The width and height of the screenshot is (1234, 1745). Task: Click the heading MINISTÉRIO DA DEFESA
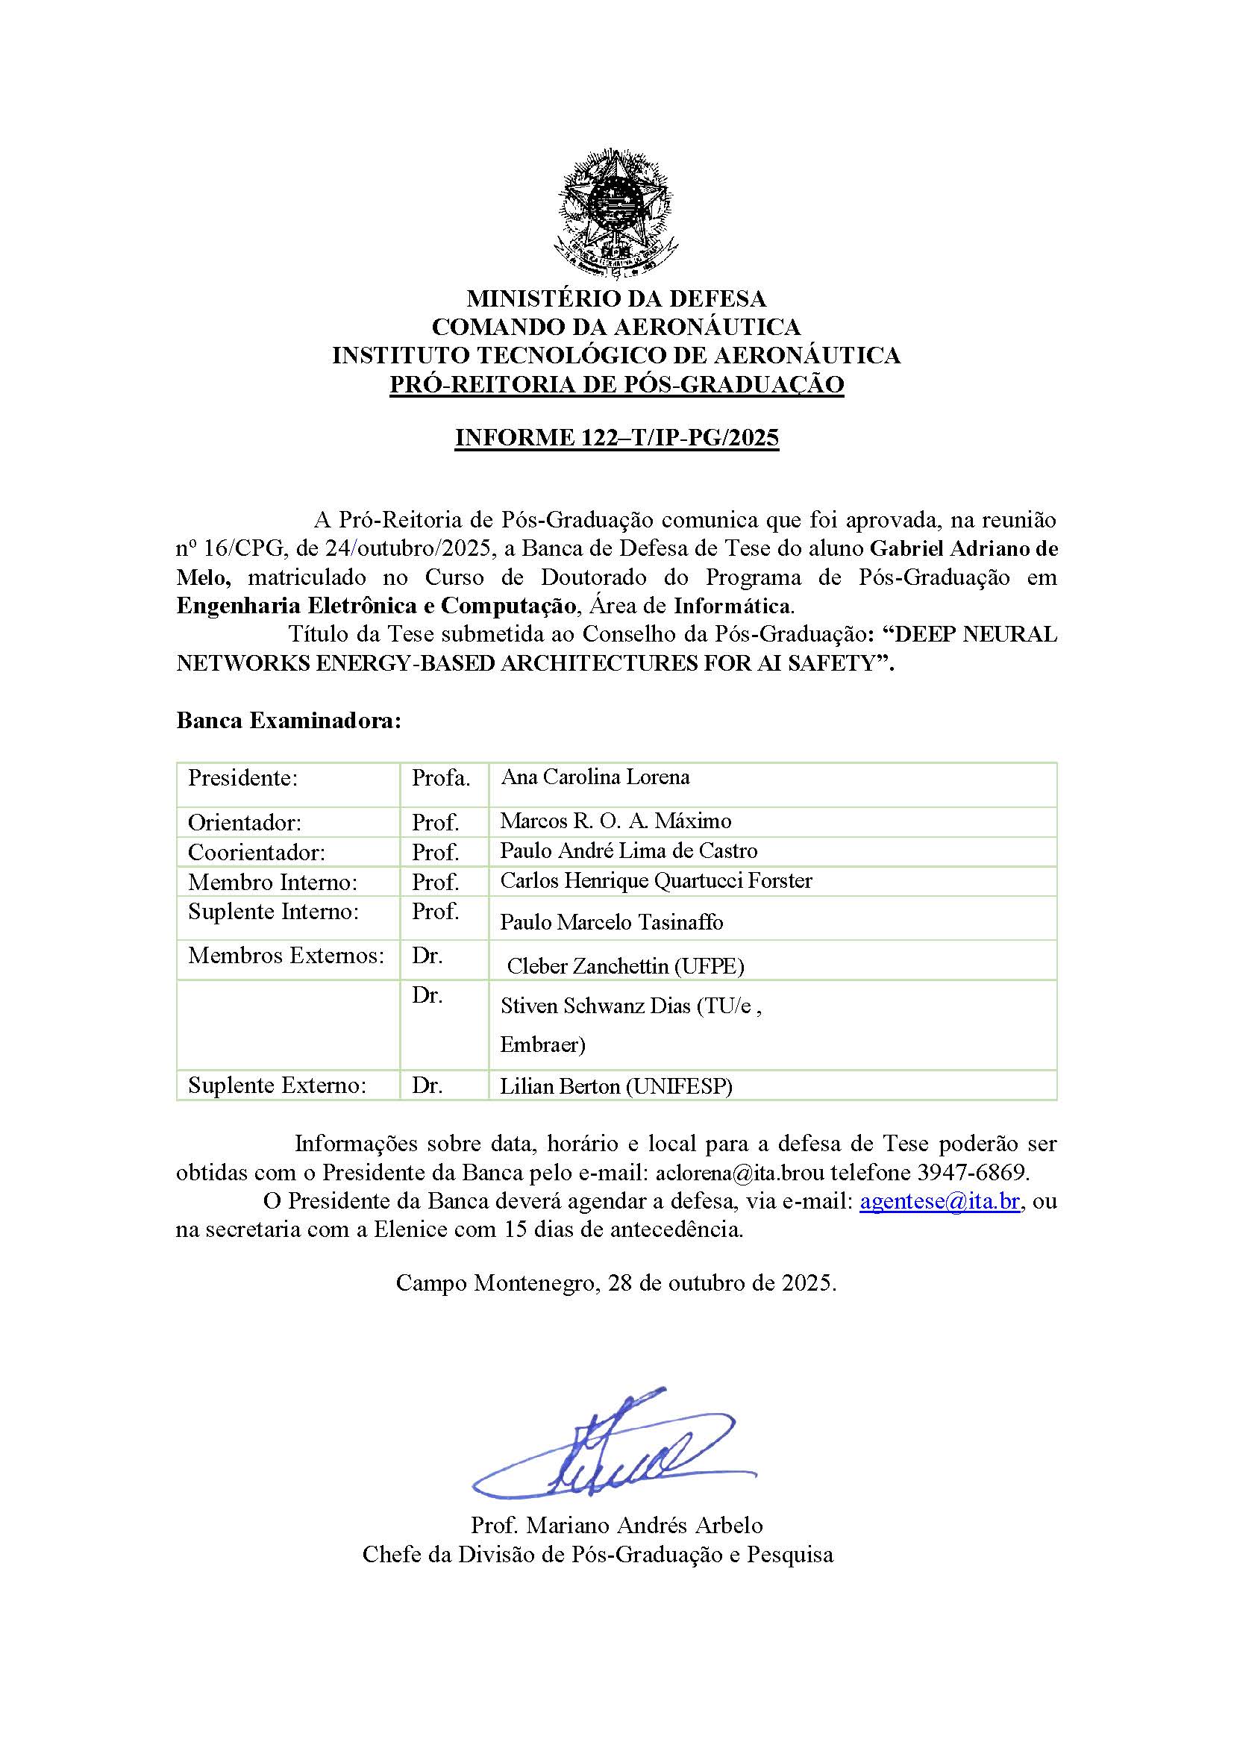pos(616,298)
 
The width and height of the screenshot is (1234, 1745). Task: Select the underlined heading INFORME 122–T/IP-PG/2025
pos(616,438)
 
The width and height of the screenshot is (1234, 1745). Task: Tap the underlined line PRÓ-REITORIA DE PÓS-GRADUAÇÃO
pos(616,384)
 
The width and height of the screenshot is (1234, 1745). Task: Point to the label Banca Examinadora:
pos(289,721)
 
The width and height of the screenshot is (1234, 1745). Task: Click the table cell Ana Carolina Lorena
pos(595,777)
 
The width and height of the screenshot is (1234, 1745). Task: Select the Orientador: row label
pos(245,822)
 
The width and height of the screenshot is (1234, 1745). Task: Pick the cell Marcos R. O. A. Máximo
pos(616,821)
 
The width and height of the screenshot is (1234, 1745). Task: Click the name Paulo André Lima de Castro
pos(628,851)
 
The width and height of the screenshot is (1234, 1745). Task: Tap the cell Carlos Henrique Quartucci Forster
pos(656,881)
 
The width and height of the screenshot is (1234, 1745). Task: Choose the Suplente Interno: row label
pos(273,911)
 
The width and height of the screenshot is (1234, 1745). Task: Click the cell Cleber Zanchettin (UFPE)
pos(625,966)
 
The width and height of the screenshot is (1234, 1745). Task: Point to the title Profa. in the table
pos(441,778)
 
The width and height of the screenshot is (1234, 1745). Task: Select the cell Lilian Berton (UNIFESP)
pos(616,1087)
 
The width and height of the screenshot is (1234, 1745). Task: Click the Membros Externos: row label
pos(286,956)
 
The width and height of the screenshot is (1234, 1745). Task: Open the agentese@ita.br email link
pos(939,1202)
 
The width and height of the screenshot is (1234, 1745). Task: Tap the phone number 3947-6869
pos(973,1173)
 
